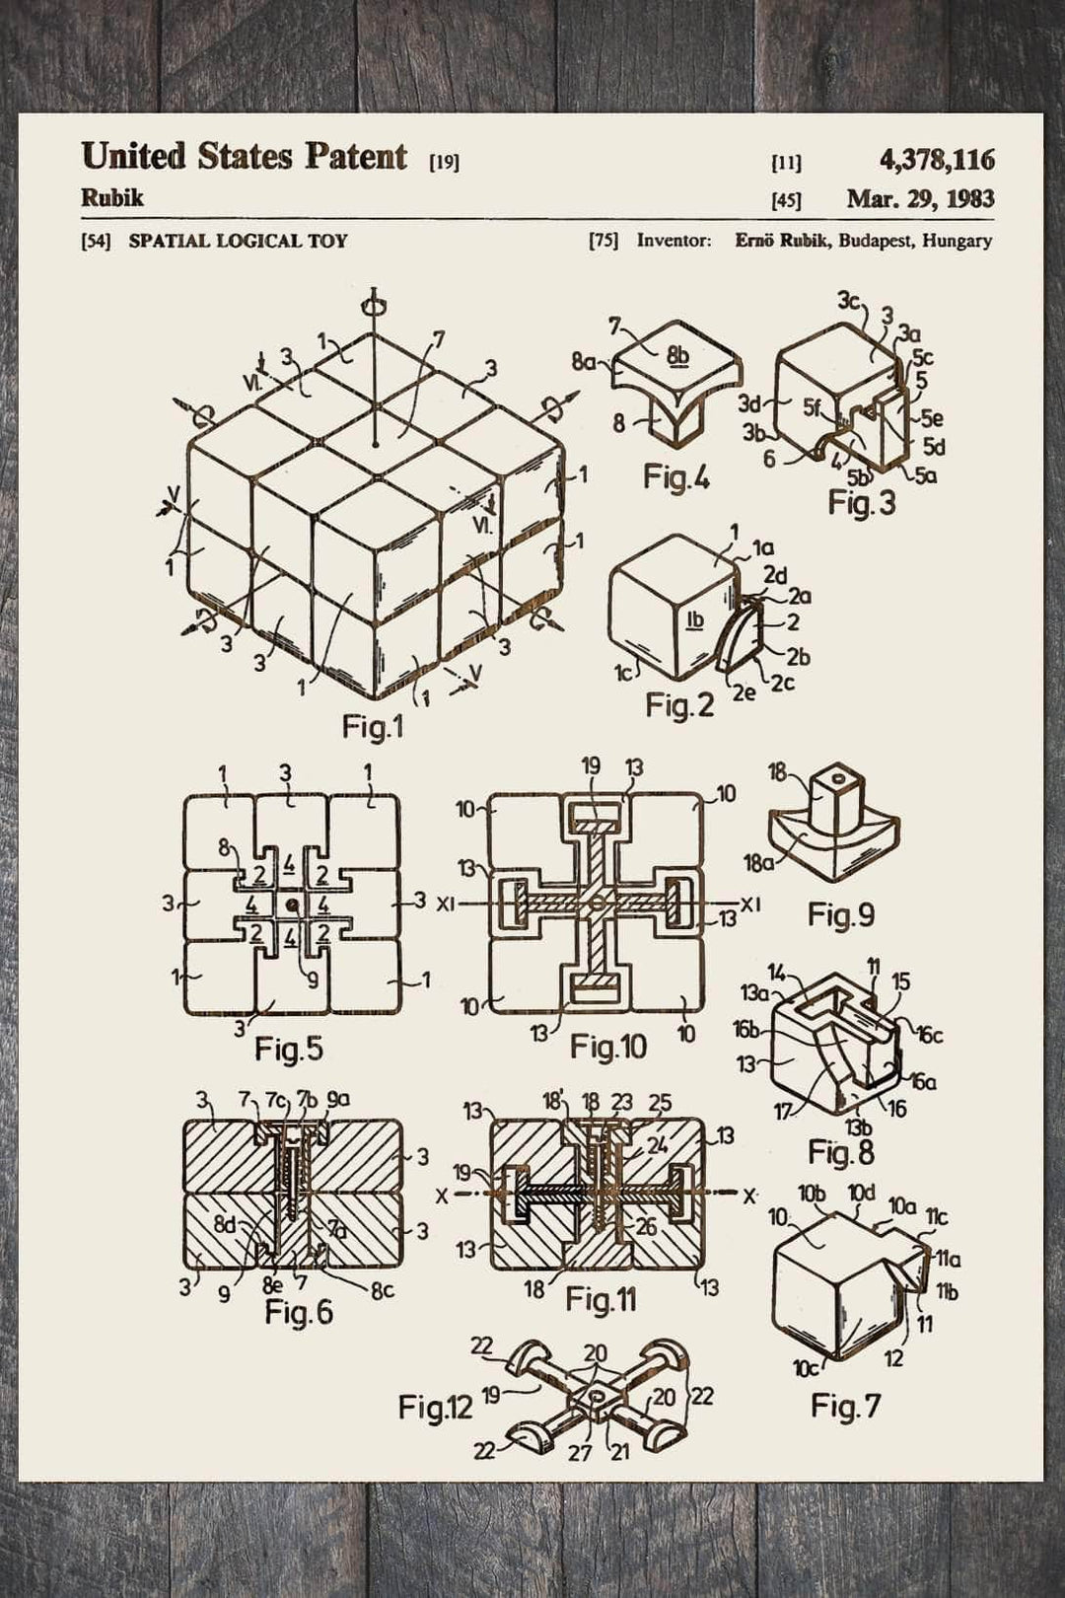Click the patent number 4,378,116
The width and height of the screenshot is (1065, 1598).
point(936,159)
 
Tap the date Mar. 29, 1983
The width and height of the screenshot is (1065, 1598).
point(919,198)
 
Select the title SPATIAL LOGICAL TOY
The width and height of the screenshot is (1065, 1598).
point(238,240)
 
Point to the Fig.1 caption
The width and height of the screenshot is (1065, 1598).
point(372,727)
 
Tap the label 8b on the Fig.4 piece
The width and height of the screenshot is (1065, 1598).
point(677,354)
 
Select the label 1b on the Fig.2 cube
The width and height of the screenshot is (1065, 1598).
point(694,619)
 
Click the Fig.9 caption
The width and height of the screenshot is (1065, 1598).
point(840,914)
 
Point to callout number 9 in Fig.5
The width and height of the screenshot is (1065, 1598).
point(312,980)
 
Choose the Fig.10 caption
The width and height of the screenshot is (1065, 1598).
point(608,1047)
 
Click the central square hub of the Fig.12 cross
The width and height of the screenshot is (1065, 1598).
point(596,1397)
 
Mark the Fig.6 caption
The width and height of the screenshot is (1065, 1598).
point(299,1312)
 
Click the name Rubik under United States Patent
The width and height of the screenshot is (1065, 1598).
point(112,197)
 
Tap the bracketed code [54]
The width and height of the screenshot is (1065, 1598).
point(96,241)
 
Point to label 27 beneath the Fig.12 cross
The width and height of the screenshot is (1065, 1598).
point(580,1452)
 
